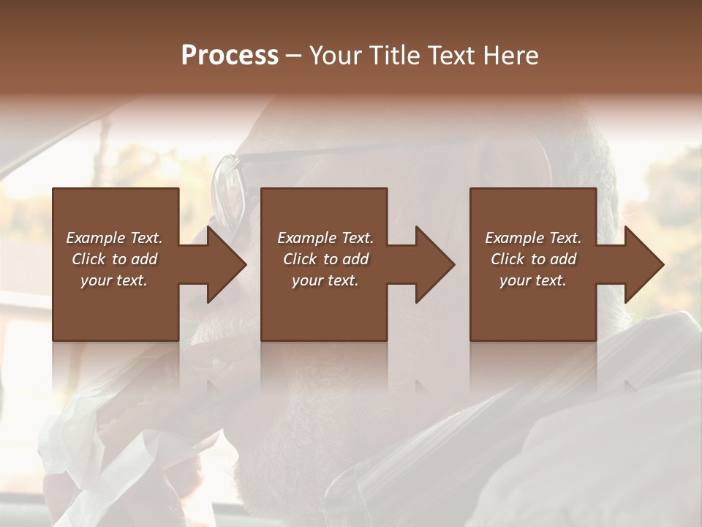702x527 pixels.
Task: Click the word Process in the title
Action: coord(230,56)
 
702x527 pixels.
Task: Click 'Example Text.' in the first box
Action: coord(114,238)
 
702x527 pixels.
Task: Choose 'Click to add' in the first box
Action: coord(114,259)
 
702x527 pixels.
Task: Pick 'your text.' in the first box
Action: coord(114,280)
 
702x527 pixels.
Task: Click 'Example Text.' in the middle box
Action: coord(325,238)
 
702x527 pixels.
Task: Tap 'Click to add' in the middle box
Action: coord(325,259)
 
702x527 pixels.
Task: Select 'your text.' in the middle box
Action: coord(325,280)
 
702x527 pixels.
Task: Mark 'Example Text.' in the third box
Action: coord(533,238)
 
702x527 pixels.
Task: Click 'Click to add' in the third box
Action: coord(533,259)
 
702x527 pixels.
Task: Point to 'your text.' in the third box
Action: coord(533,280)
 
